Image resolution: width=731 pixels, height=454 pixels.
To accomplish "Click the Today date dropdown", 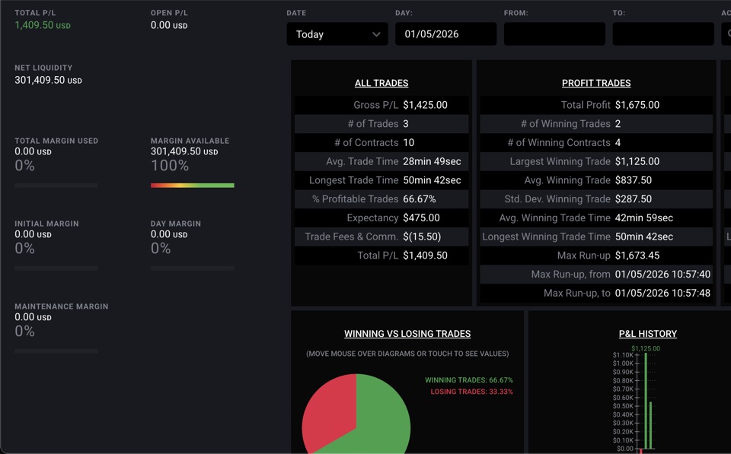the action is pos(337,34).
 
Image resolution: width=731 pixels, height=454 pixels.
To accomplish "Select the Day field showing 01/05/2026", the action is pos(445,34).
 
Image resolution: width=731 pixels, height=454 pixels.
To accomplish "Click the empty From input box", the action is pos(554,34).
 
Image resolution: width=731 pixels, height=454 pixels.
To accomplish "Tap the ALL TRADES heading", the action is pos(381,83).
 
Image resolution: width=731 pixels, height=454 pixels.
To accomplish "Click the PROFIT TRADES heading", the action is pos(596,83).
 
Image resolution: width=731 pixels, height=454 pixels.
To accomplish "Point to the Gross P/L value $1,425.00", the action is pos(425,105).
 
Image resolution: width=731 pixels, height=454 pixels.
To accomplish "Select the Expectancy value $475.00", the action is pos(421,218).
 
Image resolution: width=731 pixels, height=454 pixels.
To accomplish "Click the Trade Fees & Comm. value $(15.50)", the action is pos(422,237).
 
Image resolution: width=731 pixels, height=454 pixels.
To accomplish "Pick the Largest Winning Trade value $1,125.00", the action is pos(637,161).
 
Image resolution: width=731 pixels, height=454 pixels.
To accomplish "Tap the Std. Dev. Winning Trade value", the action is pos(634,198).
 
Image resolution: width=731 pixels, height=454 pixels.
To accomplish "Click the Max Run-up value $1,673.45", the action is pos(637,256).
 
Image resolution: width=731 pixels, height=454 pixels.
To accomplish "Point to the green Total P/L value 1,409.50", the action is pos(34,25).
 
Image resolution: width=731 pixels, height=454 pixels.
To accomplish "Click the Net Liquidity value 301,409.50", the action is pos(40,80).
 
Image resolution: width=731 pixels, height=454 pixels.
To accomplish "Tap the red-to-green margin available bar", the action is pos(192,186).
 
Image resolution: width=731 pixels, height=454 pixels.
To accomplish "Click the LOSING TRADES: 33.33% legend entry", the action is pos(472,392).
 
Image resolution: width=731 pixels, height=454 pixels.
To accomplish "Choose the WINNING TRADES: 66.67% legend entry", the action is pos(469,380).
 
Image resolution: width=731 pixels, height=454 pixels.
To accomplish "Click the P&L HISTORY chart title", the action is pos(648,334).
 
